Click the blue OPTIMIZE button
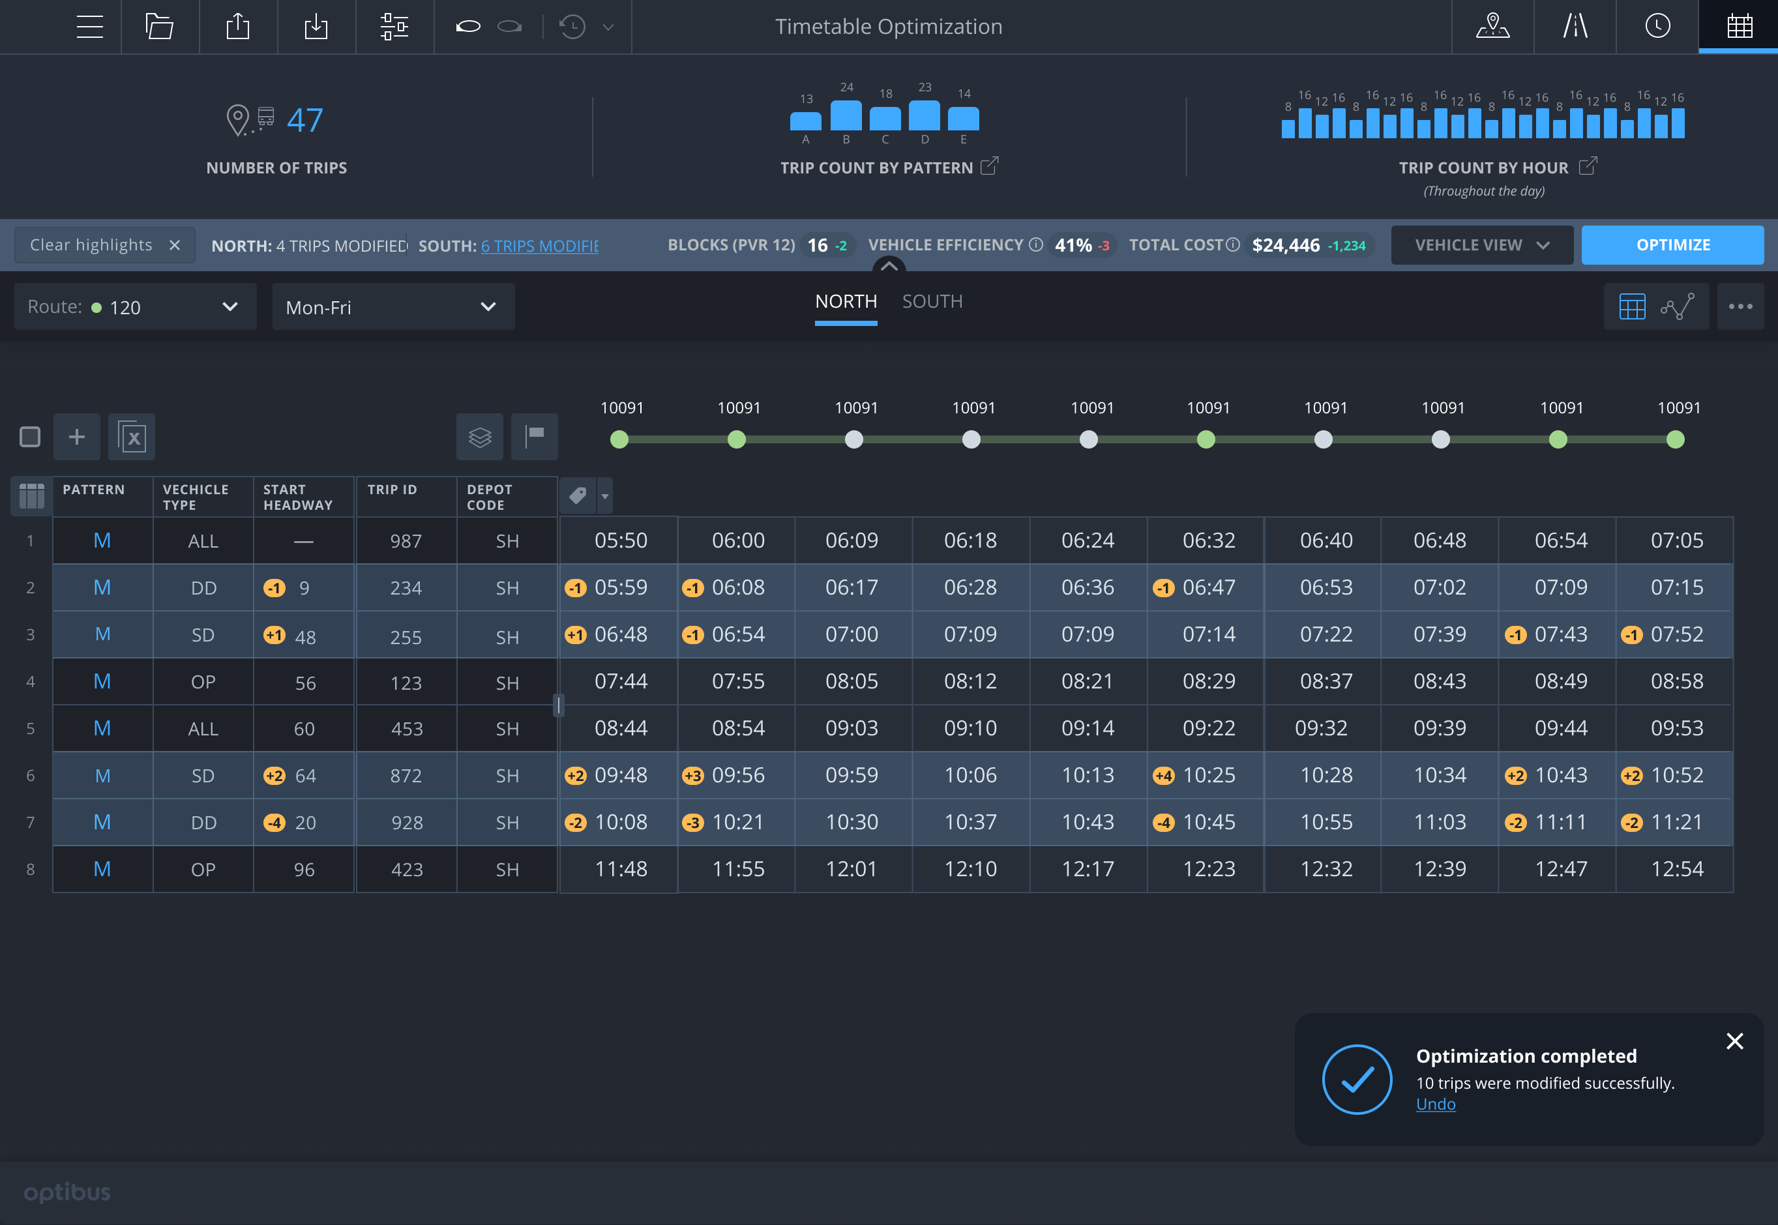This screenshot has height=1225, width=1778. coord(1672,245)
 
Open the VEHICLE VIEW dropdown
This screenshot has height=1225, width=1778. coord(1481,245)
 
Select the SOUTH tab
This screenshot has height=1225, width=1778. coord(932,302)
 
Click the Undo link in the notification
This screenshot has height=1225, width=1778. coord(1435,1104)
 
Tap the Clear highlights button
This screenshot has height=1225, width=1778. coord(104,245)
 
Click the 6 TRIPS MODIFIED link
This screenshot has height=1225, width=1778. coord(539,246)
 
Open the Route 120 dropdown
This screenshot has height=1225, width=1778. coord(135,307)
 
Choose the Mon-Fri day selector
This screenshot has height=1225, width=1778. coord(393,307)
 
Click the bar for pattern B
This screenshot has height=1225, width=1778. coord(846,116)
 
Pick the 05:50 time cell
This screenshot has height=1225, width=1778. coord(620,540)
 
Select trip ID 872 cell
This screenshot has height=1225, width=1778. coord(406,776)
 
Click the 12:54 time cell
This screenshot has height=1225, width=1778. coord(1677,869)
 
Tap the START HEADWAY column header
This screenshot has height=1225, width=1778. coord(298,497)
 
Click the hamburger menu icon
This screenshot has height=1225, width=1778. coord(90,27)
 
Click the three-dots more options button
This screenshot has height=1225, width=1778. coord(1740,307)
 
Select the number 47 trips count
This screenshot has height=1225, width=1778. coord(304,121)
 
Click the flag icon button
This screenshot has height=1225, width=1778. coord(534,437)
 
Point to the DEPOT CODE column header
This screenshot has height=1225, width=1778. coord(489,497)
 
